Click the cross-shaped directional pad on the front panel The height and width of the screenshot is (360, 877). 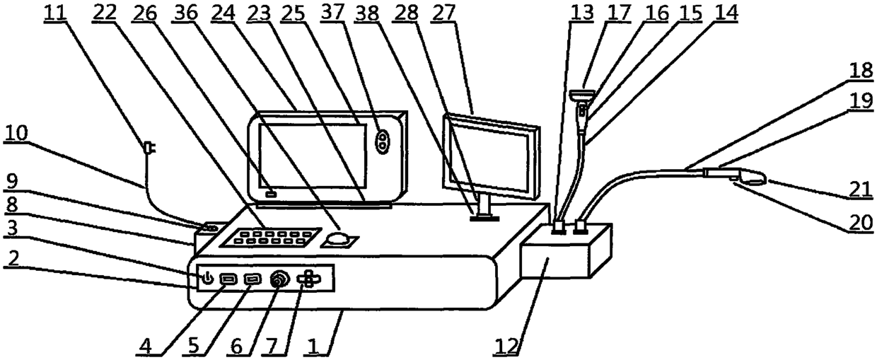[309, 279]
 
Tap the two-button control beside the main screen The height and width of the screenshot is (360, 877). [383, 141]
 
